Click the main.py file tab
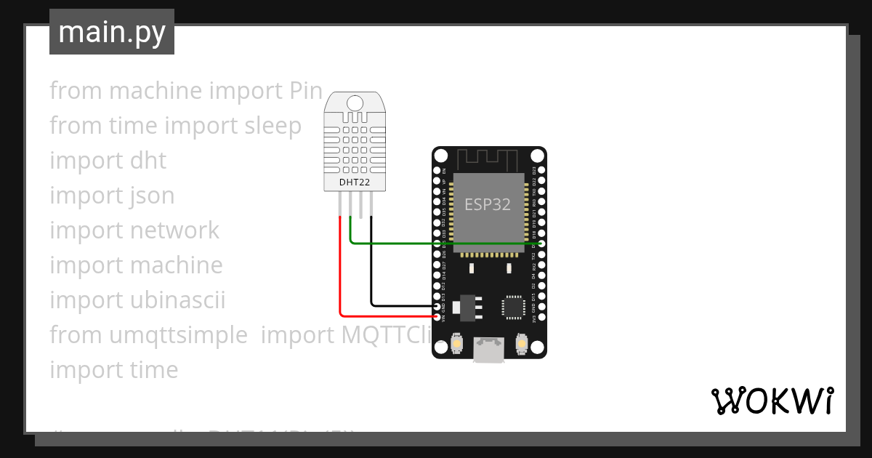(x=112, y=32)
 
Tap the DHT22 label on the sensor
(x=355, y=182)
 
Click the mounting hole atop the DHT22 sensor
(x=355, y=103)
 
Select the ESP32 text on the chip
(x=488, y=204)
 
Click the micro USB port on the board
(x=489, y=350)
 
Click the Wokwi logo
(x=772, y=401)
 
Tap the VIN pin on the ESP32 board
(x=437, y=318)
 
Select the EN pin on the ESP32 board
(x=437, y=170)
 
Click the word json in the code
(x=152, y=196)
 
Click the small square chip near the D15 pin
(x=514, y=306)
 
